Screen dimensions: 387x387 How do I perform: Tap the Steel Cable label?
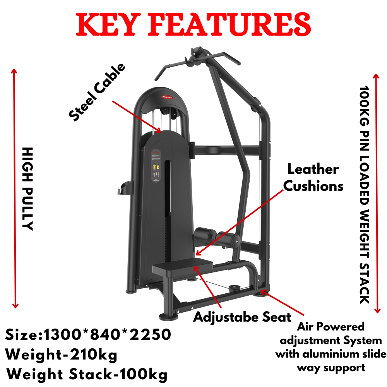click(x=98, y=92)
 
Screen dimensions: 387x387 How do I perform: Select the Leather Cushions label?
click(x=313, y=178)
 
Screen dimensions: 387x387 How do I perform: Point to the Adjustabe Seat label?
click(x=242, y=317)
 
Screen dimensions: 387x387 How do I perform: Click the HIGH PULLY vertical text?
click(x=27, y=188)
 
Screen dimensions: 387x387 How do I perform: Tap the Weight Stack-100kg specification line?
click(x=87, y=374)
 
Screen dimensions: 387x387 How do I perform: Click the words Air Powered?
click(x=331, y=327)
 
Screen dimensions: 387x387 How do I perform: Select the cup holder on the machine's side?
click(x=127, y=188)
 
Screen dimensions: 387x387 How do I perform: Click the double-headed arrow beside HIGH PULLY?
click(x=15, y=188)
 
